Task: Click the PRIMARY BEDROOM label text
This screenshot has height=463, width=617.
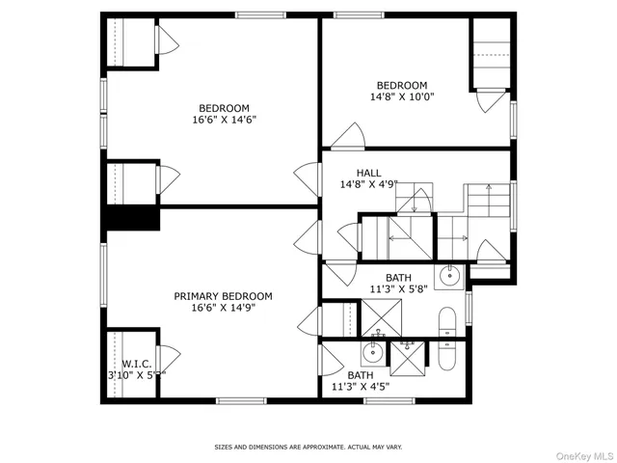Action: tap(223, 296)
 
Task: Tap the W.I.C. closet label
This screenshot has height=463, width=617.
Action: tap(136, 364)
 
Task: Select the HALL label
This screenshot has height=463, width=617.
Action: tap(355, 173)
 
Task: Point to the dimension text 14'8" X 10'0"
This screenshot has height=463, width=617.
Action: tap(402, 96)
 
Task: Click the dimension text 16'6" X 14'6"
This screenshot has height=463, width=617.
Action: tap(224, 120)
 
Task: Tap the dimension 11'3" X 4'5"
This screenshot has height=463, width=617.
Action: tap(360, 387)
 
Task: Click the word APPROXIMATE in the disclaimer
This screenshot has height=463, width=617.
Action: tap(309, 448)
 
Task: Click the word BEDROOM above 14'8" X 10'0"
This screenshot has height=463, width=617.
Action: tap(402, 85)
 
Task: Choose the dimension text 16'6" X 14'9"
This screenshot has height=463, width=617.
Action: tap(223, 308)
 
